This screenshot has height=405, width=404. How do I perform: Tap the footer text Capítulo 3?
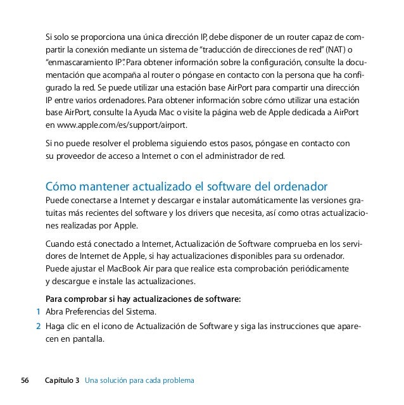pyautogui.click(x=63, y=381)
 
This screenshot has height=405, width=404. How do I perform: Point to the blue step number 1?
pyautogui.click(x=39, y=313)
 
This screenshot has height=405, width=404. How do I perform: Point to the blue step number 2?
pyautogui.click(x=39, y=327)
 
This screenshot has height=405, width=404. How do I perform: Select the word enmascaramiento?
pyautogui.click(x=75, y=63)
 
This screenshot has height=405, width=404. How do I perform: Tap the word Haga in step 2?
pyautogui.click(x=56, y=327)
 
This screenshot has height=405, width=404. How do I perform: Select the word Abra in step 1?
pyautogui.click(x=56, y=313)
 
